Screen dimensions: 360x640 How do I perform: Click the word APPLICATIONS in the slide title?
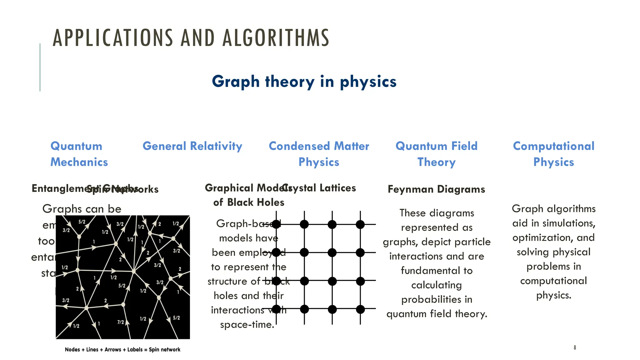click(113, 38)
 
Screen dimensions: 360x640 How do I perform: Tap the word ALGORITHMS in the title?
click(276, 38)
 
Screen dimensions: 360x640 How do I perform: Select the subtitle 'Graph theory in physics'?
click(304, 82)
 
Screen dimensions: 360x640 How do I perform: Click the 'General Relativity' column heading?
click(192, 146)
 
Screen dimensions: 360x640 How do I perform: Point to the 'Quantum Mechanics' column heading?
click(79, 154)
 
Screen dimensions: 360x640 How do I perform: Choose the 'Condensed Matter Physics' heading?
click(319, 154)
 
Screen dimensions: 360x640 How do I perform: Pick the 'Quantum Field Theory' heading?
click(436, 154)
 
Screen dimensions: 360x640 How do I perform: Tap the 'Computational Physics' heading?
click(553, 154)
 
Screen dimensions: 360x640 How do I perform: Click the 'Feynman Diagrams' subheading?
click(436, 189)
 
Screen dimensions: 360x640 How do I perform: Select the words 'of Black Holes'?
click(249, 202)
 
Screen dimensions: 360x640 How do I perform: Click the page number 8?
click(575, 347)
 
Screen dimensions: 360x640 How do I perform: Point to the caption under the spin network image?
click(122, 350)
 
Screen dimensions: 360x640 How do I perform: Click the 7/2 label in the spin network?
click(121, 322)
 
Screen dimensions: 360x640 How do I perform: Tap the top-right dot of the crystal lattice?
click(360, 224)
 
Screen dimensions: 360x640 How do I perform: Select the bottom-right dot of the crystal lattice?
click(360, 309)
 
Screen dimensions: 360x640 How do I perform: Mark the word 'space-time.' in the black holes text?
click(247, 325)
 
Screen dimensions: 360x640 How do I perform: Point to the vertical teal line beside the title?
click(40, 67)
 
